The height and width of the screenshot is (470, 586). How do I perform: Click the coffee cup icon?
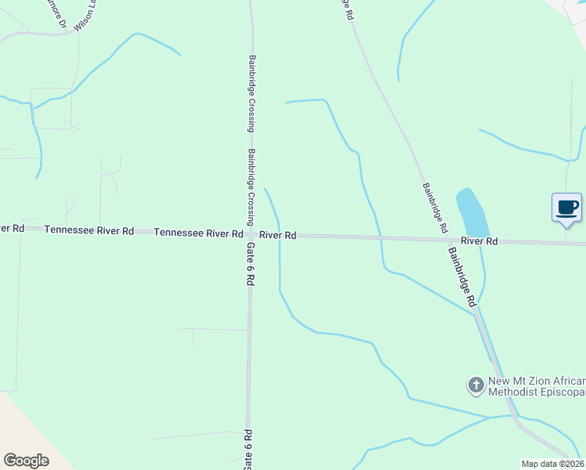click(567, 208)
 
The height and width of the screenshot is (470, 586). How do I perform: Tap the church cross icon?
click(476, 385)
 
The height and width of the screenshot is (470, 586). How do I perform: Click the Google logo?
click(26, 461)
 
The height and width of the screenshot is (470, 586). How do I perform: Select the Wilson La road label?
click(85, 15)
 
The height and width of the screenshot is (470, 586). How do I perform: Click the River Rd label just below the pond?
click(479, 241)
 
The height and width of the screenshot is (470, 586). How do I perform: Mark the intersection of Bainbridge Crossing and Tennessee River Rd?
click(250, 233)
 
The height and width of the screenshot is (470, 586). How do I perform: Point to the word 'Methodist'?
click(513, 392)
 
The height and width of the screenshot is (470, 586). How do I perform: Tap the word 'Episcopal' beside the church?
click(562, 392)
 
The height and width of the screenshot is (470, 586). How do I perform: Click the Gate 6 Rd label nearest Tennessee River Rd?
click(250, 263)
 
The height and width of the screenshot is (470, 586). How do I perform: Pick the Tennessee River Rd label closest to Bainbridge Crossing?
click(198, 233)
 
